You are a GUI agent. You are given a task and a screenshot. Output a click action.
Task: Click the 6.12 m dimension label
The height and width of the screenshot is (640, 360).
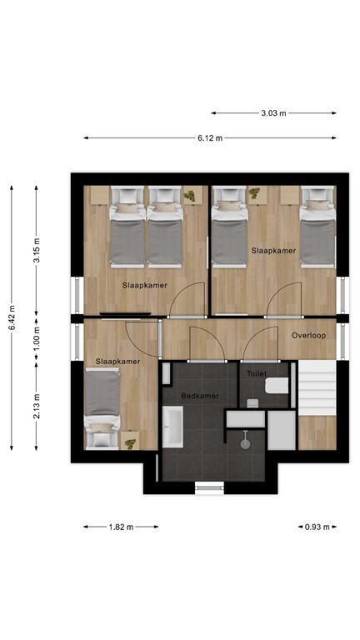click(210, 138)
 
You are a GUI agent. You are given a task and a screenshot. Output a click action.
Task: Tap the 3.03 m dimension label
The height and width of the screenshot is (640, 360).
click(273, 112)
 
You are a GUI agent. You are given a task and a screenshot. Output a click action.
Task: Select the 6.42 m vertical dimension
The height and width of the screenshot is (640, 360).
click(12, 317)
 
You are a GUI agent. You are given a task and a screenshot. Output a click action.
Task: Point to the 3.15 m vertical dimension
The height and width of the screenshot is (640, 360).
click(36, 249)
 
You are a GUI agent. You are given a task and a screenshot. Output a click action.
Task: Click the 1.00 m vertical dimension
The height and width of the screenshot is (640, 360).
click(36, 340)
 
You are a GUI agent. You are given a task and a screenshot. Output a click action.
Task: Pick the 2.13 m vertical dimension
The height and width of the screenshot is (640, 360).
click(36, 407)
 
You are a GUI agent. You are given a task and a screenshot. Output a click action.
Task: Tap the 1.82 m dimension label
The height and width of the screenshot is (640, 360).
click(121, 527)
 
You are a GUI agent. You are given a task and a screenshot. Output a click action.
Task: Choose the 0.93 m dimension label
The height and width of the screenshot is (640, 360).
click(317, 527)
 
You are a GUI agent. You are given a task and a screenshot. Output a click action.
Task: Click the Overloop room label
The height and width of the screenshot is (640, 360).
click(307, 336)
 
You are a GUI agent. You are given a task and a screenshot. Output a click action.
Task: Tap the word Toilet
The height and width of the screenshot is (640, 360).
click(257, 374)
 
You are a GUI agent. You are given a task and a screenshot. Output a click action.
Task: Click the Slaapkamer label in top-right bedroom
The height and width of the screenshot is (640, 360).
click(273, 250)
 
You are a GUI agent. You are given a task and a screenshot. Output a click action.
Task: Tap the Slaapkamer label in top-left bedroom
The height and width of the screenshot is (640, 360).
click(144, 285)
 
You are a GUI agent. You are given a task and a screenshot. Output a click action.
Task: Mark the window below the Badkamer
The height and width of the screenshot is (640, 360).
click(209, 487)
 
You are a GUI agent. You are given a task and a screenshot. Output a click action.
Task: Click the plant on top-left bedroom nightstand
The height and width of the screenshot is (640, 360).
click(191, 195)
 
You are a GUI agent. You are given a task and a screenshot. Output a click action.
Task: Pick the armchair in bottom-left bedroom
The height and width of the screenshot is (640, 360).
click(102, 437)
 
